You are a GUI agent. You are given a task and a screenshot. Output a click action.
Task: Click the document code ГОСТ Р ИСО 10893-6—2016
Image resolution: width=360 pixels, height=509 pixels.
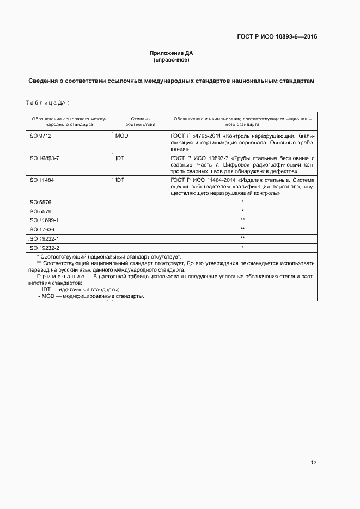(x=277, y=37)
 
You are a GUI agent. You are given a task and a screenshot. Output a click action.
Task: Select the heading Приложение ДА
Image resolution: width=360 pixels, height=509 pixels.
(x=172, y=53)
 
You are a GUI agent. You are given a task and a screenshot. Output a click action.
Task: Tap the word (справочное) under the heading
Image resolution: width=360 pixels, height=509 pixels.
(x=172, y=59)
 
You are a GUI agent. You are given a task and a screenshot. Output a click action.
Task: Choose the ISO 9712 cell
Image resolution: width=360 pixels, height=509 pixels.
(x=40, y=136)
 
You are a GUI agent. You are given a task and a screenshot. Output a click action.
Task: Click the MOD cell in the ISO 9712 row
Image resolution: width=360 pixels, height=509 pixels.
(x=122, y=136)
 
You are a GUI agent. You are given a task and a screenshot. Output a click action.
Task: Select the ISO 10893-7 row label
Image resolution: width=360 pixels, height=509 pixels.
(x=43, y=157)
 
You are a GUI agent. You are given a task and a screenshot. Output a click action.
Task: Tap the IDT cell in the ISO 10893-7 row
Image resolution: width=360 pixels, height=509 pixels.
(x=120, y=157)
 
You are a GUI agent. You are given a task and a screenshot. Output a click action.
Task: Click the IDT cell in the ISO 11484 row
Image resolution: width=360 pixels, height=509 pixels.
(x=120, y=179)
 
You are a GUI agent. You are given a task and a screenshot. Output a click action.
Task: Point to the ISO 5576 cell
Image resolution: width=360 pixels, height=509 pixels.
(x=40, y=202)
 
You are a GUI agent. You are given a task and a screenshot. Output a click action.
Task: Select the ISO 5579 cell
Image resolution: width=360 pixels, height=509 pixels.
(x=40, y=211)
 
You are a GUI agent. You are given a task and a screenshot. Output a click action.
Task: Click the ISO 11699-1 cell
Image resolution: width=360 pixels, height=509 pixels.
(x=43, y=220)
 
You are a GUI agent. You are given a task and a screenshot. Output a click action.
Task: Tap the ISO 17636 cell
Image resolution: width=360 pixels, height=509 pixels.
(x=41, y=229)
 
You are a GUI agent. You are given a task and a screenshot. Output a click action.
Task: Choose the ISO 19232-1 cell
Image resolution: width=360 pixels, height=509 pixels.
(x=43, y=238)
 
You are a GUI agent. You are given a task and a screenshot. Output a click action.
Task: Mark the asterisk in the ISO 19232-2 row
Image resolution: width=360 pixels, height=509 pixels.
(x=242, y=248)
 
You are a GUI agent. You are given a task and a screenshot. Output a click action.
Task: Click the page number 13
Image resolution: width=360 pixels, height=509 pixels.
(x=314, y=463)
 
